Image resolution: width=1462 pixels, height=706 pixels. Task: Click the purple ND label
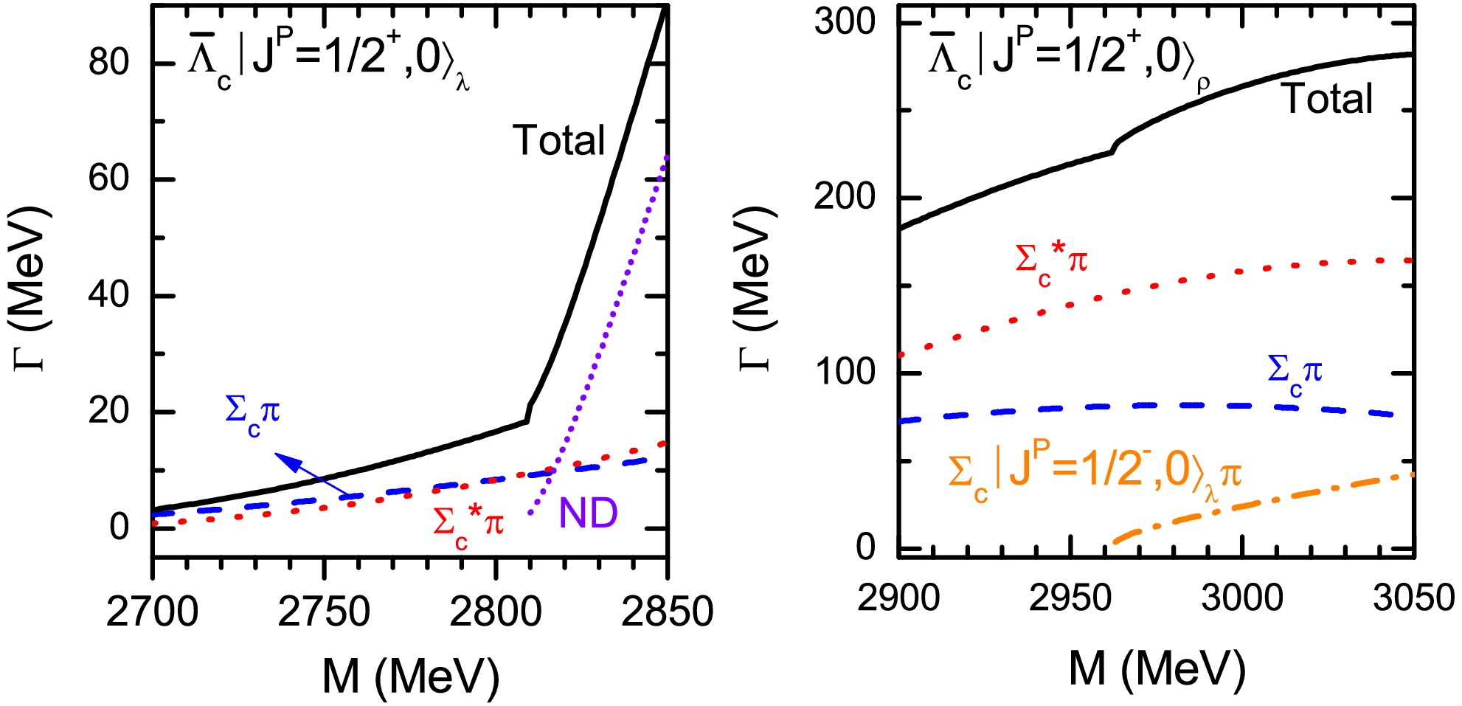[588, 513]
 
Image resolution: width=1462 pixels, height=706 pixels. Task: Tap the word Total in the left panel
[558, 140]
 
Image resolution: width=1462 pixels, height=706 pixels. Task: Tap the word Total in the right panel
[1328, 99]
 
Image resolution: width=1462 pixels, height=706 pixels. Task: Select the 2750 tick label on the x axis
[324, 612]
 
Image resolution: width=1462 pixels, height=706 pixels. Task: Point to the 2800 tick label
[496, 612]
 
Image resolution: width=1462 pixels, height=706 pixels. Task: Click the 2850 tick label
[667, 612]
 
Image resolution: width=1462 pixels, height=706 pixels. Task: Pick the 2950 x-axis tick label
[1070, 598]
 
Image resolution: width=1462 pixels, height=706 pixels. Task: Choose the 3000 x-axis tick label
[1242, 598]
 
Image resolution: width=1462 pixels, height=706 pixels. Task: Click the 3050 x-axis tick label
[1413, 598]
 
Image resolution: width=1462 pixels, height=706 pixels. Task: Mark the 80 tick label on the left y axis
[109, 63]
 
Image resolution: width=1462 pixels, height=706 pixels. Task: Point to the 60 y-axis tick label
[109, 179]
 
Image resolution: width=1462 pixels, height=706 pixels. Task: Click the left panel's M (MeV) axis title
[411, 675]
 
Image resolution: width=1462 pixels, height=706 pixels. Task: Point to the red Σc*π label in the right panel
[1051, 262]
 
